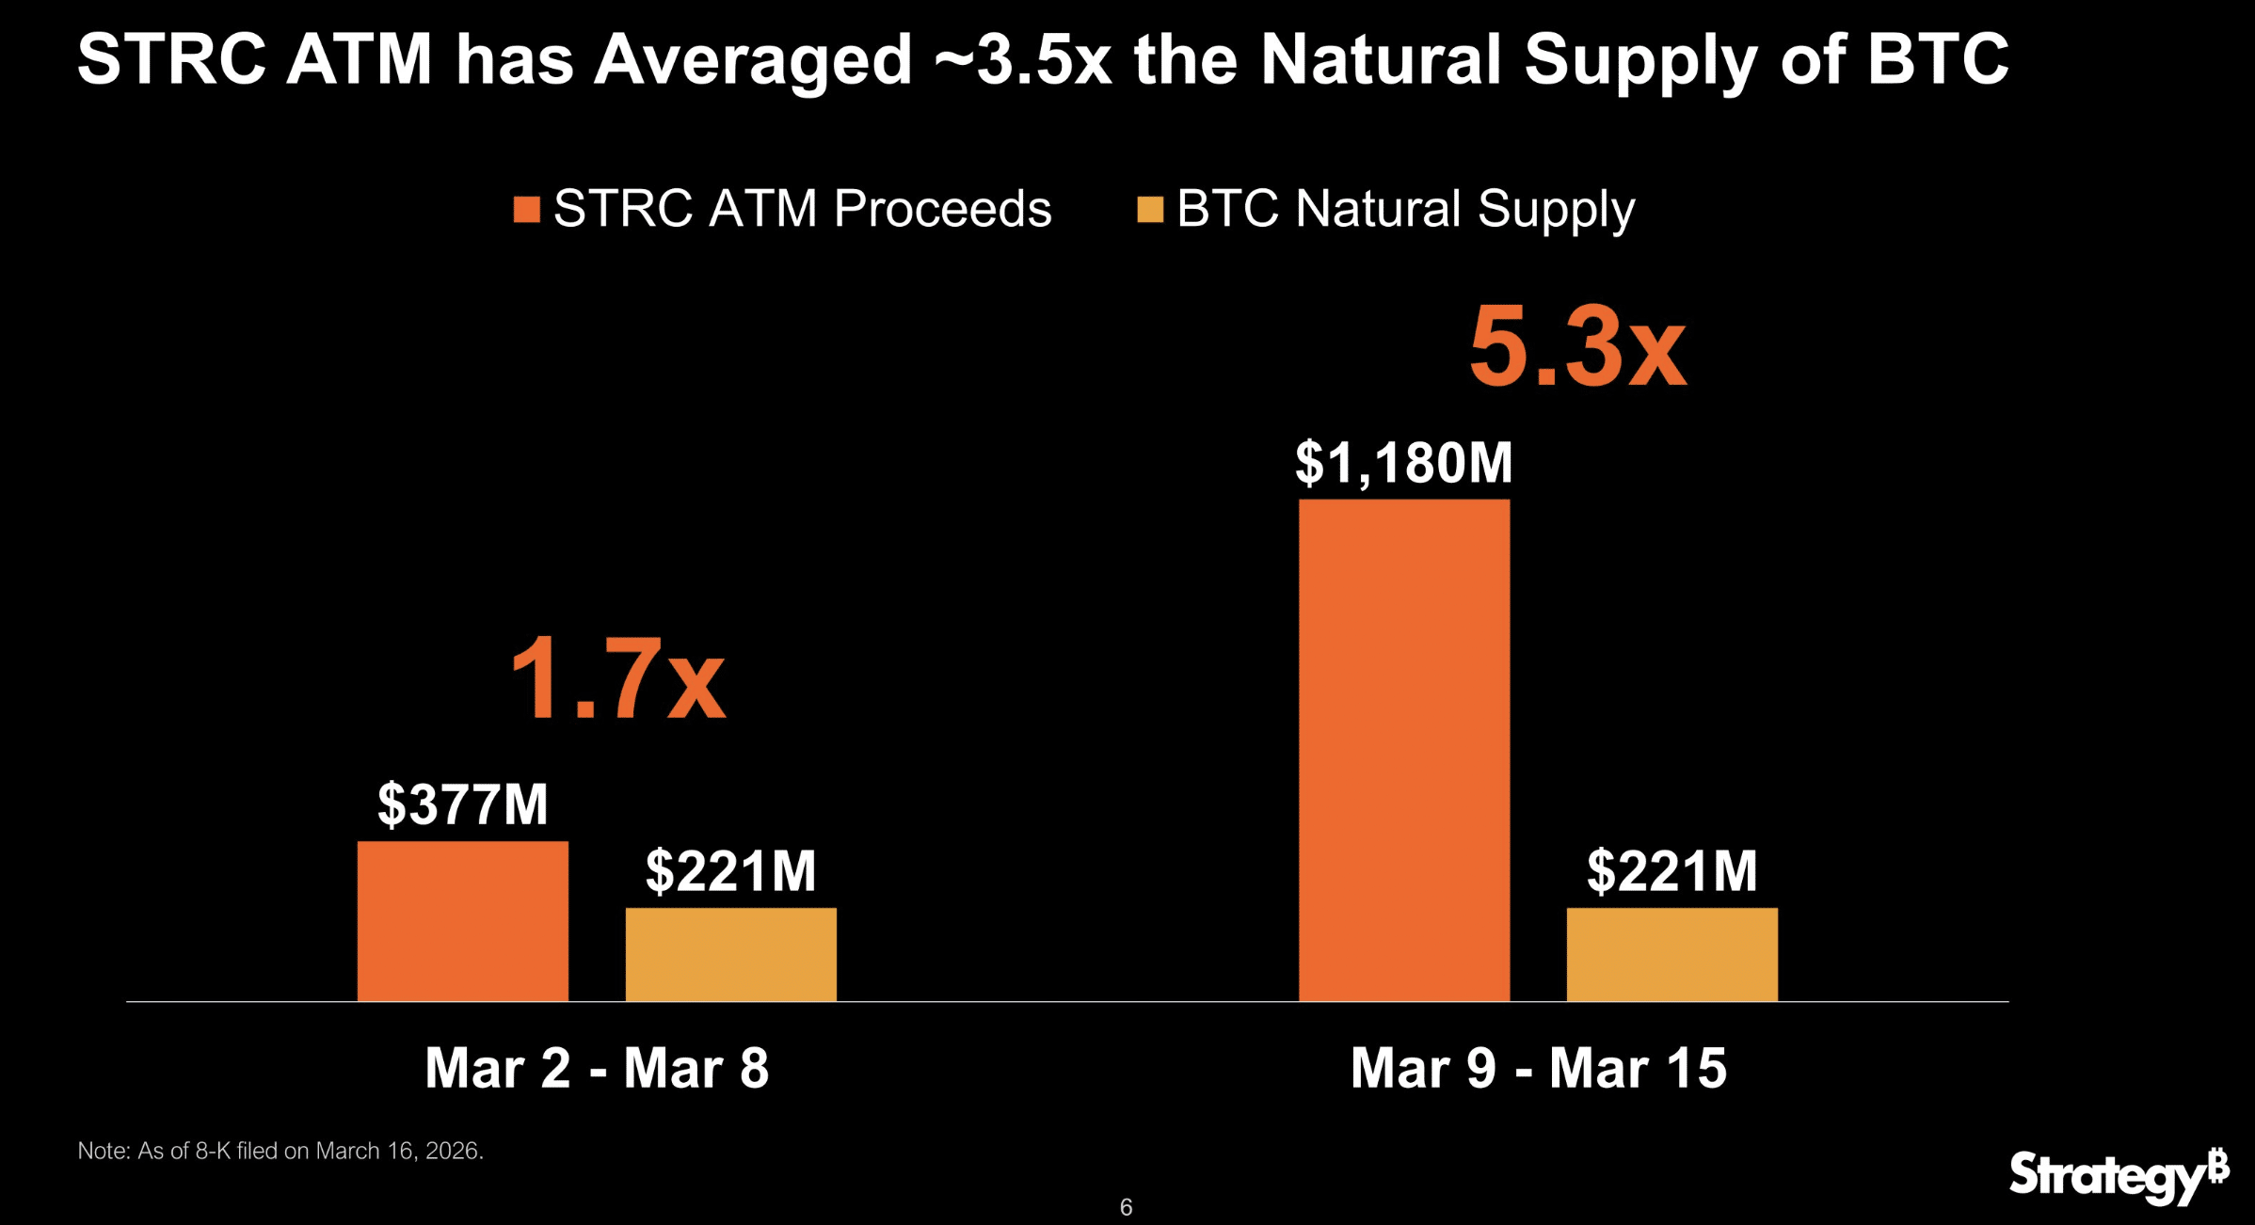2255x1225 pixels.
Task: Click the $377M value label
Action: click(462, 804)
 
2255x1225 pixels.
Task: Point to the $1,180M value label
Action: click(1403, 463)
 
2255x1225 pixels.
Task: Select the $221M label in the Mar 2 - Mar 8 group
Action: click(730, 871)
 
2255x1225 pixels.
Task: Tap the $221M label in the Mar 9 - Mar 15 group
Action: click(1671, 871)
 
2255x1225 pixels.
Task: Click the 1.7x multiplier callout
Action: click(617, 678)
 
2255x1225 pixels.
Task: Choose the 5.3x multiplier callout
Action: click(1577, 348)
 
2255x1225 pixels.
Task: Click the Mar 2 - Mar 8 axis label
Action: click(597, 1068)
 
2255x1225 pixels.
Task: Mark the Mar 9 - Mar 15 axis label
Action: click(1538, 1068)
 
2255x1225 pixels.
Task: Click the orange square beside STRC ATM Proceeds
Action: click(527, 210)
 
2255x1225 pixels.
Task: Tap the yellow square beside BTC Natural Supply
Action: click(1150, 210)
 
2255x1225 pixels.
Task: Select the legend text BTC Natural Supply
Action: click(1405, 209)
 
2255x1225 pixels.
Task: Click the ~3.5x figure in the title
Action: click(1023, 60)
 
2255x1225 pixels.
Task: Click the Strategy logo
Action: click(2118, 1175)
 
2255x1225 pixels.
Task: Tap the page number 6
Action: click(1126, 1207)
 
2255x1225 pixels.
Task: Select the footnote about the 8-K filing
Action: click(280, 1151)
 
